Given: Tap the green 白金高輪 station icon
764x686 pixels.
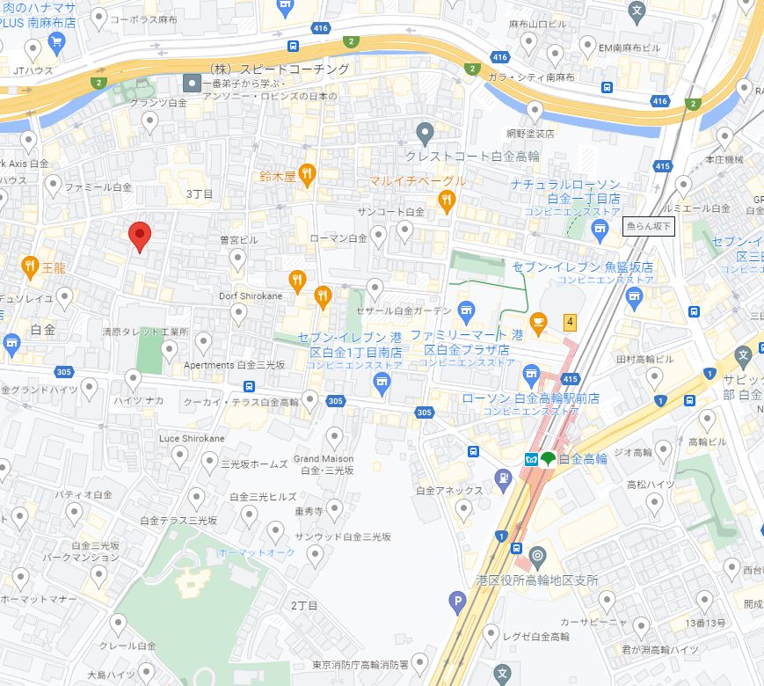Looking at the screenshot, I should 547,458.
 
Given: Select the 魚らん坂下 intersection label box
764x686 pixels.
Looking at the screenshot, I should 649,227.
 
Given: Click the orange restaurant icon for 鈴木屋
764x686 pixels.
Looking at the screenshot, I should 307,174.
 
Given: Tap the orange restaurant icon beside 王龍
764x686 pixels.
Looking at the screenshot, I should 30,265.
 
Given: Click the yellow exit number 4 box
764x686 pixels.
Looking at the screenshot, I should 570,322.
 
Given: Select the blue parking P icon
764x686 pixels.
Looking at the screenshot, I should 456,602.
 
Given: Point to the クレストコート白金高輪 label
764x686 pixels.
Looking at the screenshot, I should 471,156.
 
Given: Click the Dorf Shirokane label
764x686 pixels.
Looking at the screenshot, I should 251,296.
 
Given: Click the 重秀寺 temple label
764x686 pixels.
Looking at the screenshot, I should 310,510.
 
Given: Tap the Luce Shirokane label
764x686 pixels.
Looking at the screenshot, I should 192,438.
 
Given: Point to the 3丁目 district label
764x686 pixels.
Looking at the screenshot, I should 200,193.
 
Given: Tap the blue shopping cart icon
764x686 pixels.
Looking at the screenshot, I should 57,40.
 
